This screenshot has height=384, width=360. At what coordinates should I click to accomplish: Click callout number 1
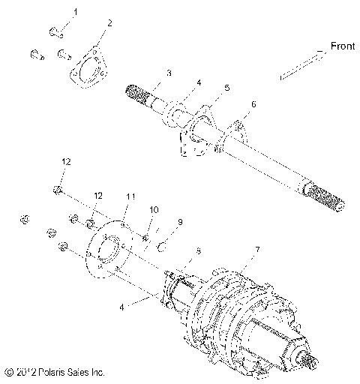point(74,13)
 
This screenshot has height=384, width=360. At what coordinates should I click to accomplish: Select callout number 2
point(109,24)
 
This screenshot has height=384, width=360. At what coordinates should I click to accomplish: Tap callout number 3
point(169,73)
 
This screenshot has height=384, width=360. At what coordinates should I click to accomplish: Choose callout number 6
point(253,105)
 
